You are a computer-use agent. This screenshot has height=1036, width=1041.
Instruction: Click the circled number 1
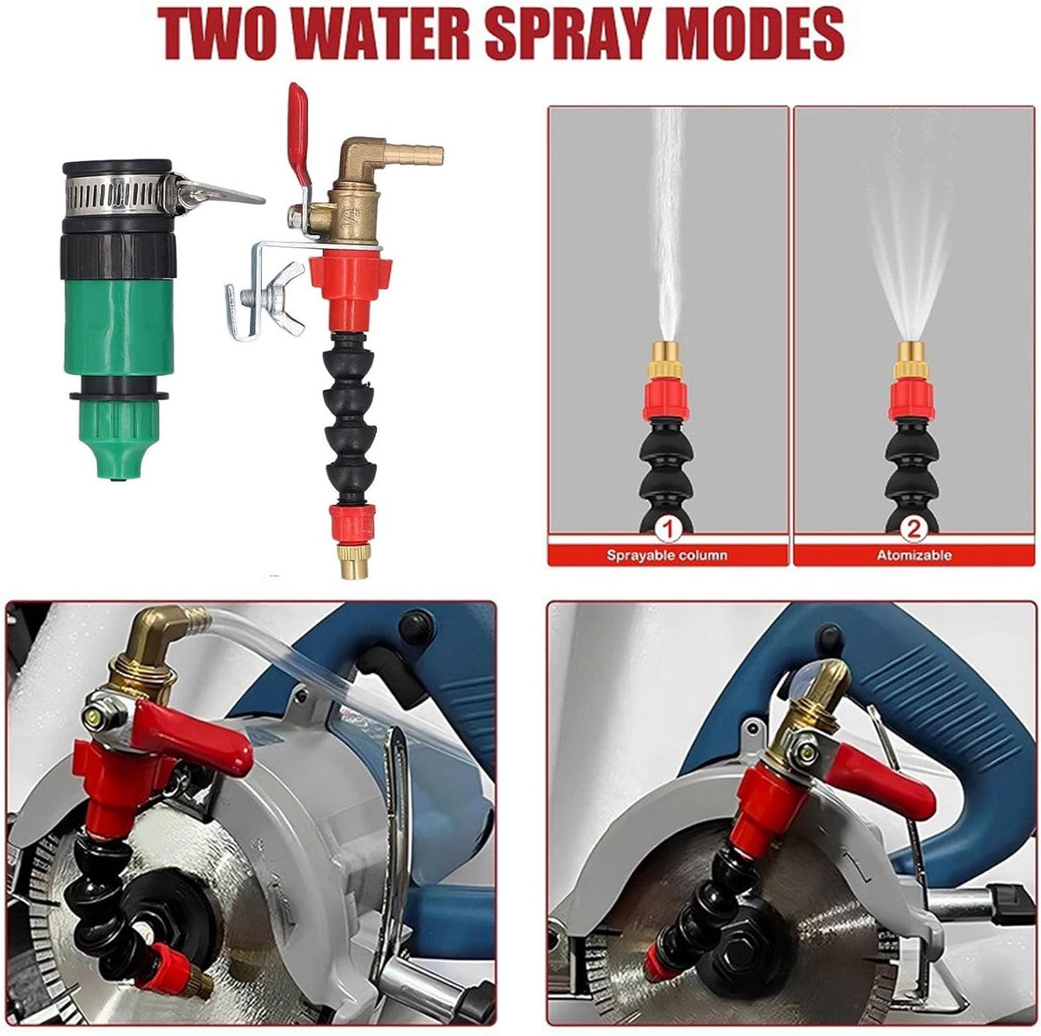[668, 529]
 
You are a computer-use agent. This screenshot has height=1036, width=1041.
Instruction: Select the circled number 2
[913, 529]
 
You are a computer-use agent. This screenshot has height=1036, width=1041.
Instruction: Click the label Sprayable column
[666, 555]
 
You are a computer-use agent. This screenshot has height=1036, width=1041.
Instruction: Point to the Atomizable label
[914, 555]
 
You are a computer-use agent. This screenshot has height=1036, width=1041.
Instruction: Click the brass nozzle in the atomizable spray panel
[912, 359]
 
